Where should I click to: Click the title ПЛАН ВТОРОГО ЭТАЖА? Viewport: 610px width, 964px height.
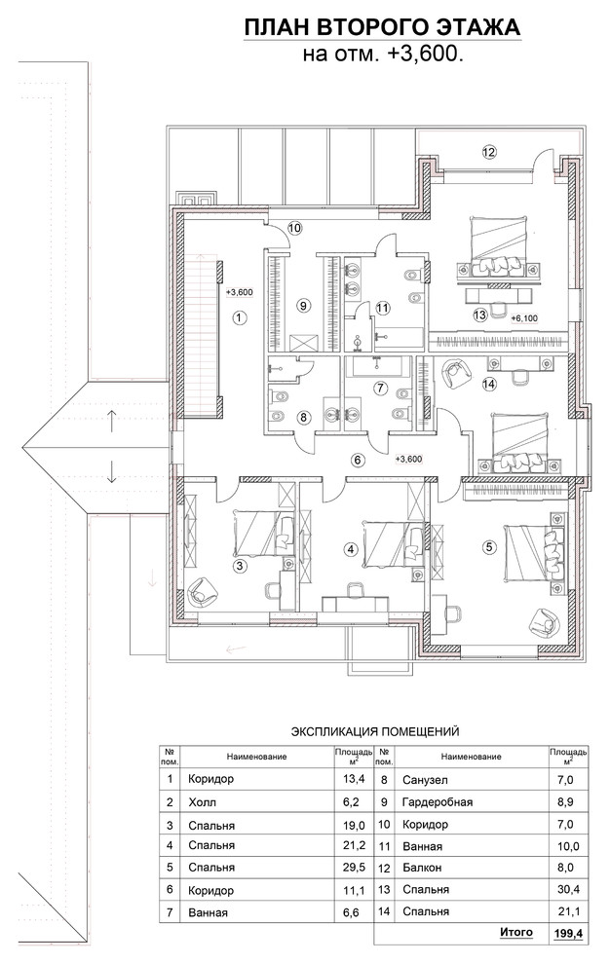[x=382, y=27]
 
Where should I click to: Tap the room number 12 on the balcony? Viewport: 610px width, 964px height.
[x=489, y=152]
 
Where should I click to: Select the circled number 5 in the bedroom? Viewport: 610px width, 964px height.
[x=489, y=546]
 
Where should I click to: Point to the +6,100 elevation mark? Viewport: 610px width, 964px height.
[x=524, y=317]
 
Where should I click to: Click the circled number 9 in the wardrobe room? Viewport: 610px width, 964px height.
[x=303, y=305]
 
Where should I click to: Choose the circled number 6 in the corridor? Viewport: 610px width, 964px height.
[x=359, y=460]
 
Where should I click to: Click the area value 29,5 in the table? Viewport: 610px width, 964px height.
[x=354, y=867]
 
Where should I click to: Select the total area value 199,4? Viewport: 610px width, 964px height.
[x=569, y=934]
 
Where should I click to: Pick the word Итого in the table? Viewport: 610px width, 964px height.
[x=515, y=932]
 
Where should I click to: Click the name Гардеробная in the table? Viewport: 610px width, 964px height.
[x=438, y=802]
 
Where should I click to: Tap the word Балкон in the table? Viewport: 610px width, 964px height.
[x=422, y=869]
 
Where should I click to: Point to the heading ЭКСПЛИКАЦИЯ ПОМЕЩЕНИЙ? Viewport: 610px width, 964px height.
[x=375, y=731]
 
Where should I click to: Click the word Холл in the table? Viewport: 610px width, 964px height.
[x=203, y=802]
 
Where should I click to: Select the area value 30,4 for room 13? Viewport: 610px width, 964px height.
[x=569, y=889]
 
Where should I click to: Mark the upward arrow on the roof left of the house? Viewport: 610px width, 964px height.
[x=111, y=420]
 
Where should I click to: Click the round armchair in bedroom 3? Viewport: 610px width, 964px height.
[x=202, y=592]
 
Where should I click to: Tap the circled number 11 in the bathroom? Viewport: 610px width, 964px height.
[x=383, y=307]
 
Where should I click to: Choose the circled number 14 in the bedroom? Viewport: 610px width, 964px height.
[x=489, y=385]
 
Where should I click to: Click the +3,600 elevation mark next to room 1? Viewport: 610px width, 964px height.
[x=240, y=293]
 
